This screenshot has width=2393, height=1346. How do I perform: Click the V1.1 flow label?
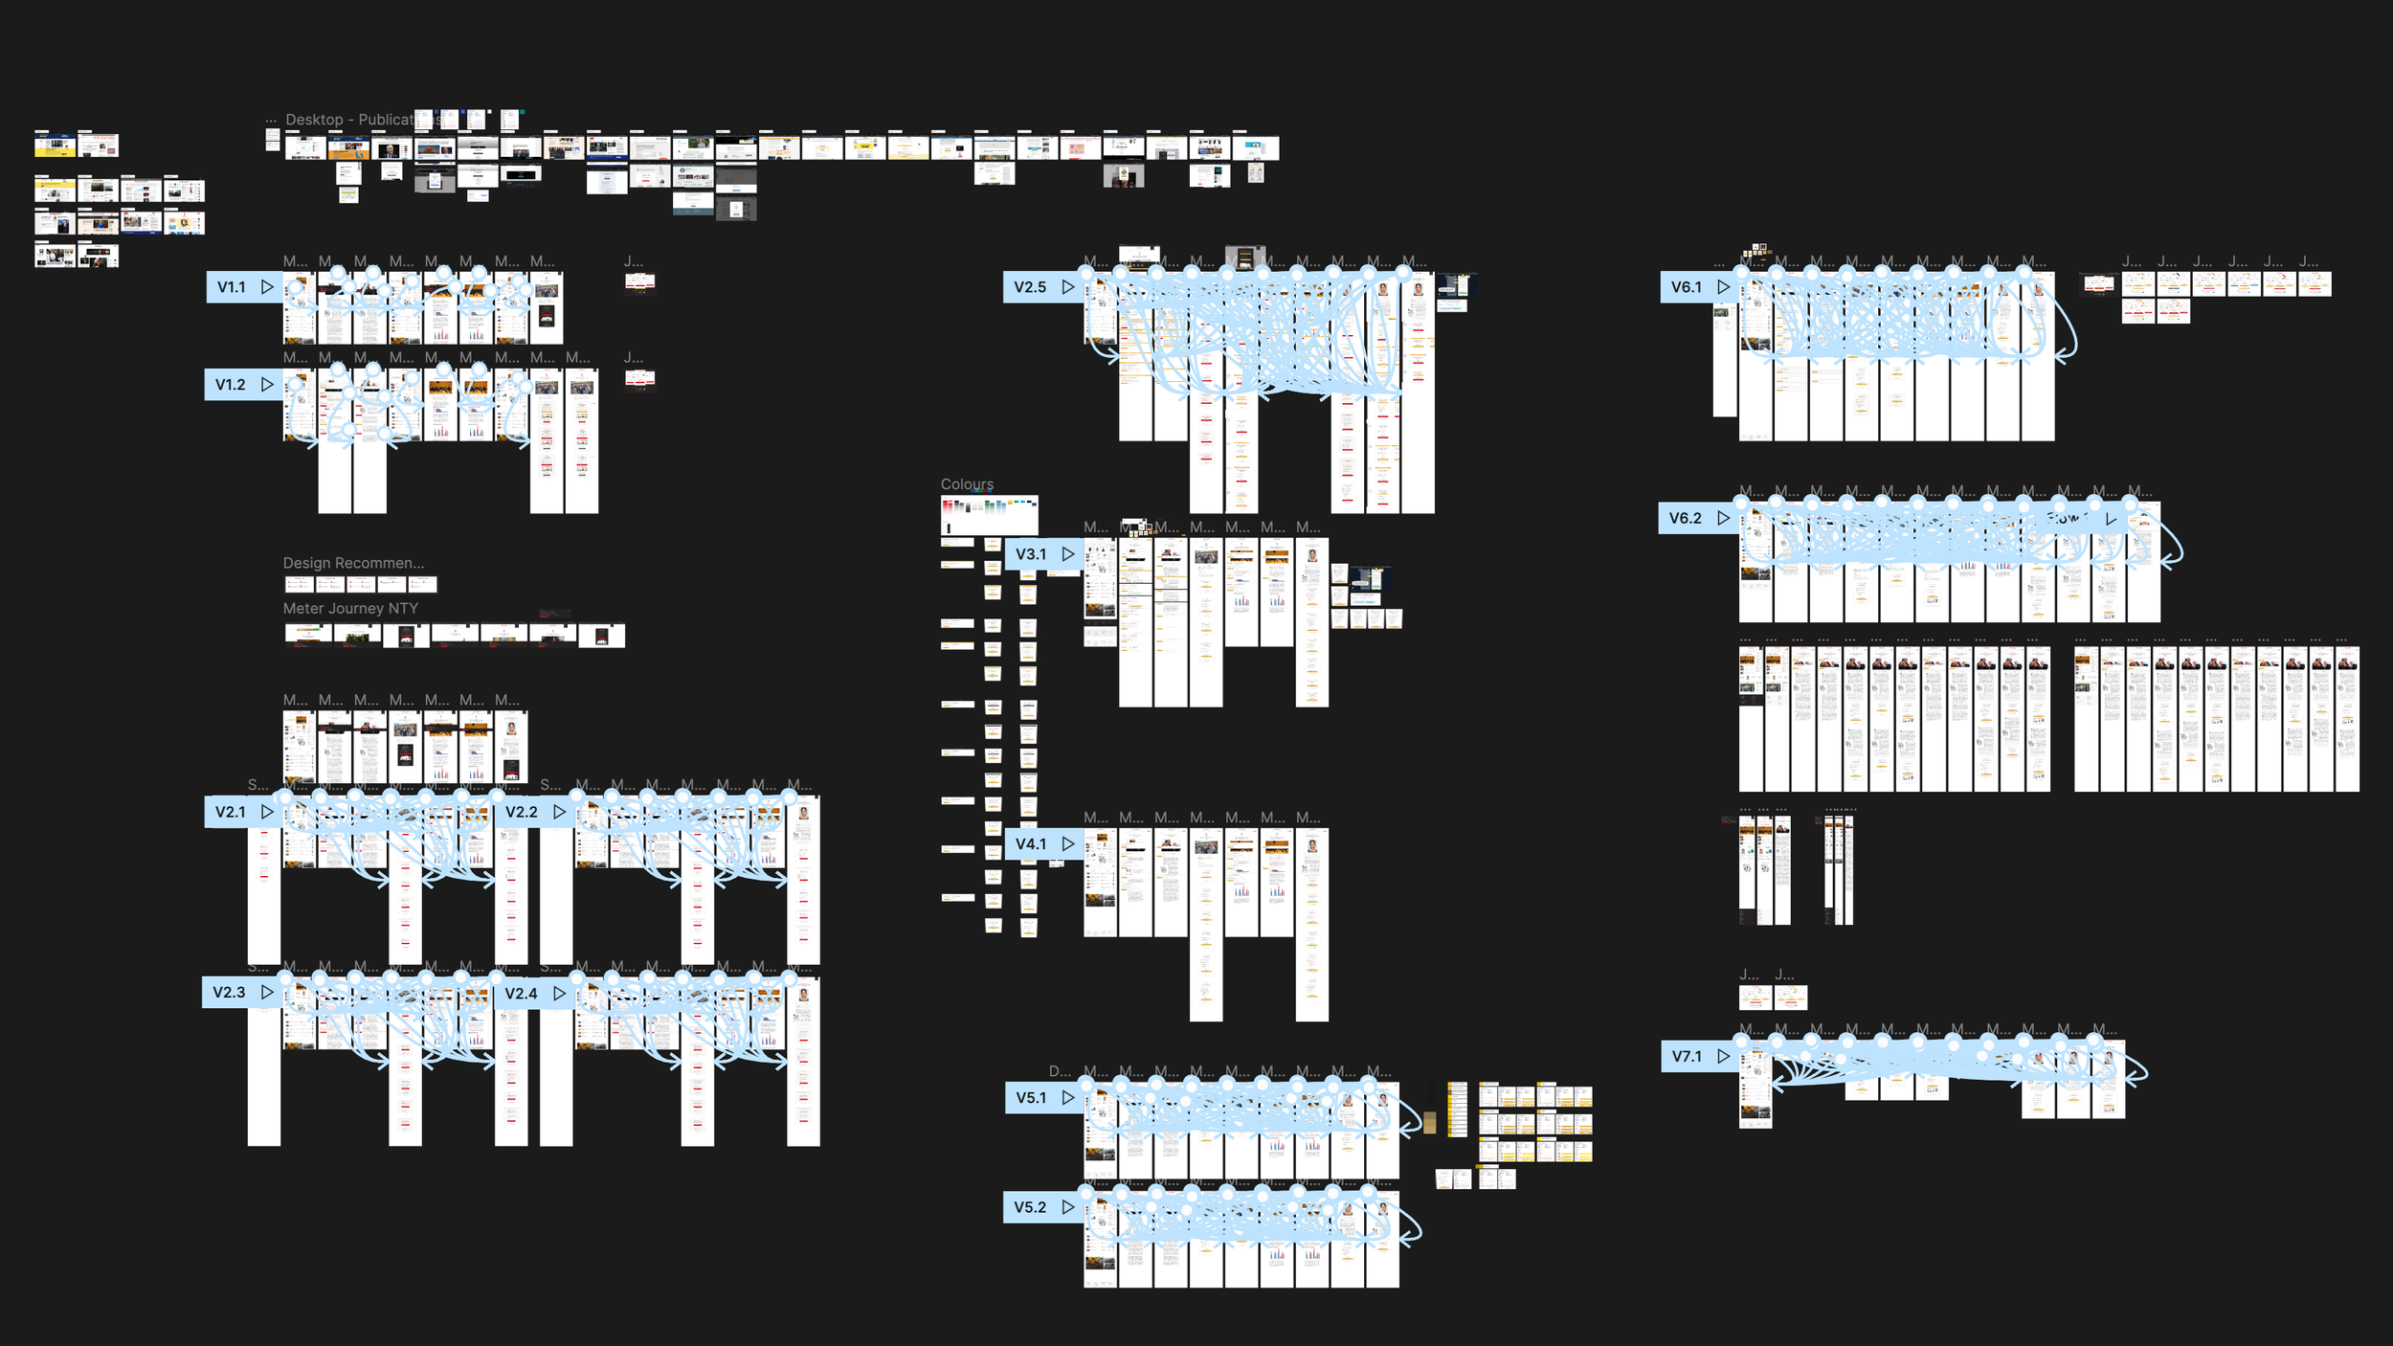point(232,287)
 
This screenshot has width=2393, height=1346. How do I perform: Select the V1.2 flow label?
point(231,385)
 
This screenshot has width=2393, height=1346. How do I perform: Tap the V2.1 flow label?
point(231,812)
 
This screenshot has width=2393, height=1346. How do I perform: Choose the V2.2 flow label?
point(522,812)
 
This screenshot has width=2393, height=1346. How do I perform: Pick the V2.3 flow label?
point(230,993)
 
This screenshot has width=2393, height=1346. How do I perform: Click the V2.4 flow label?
point(522,994)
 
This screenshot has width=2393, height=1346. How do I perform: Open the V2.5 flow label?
point(1030,287)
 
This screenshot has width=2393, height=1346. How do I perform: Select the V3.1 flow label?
point(1031,554)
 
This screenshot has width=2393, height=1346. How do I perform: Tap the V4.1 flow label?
point(1031,844)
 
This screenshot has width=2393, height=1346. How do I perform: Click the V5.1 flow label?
point(1031,1098)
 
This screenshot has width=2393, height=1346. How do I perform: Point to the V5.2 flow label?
point(1030,1208)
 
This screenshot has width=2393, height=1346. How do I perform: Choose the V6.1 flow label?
point(1687,287)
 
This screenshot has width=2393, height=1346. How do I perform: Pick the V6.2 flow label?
point(1686,519)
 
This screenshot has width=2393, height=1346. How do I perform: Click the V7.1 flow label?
point(1687,1057)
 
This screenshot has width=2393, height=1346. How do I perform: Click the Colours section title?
point(967,484)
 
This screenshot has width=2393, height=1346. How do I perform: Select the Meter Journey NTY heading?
point(350,609)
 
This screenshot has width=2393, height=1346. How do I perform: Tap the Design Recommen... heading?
point(353,564)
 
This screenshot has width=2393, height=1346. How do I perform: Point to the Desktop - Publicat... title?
point(349,120)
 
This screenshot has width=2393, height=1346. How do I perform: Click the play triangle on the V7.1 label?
point(1724,1057)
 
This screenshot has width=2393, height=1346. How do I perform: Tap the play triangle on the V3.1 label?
point(1068,554)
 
